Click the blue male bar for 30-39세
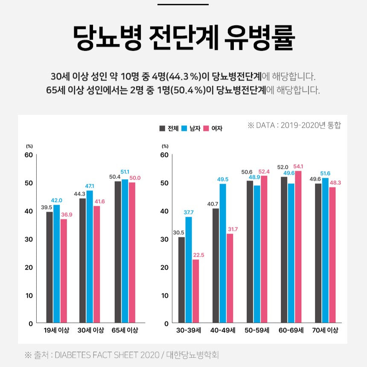(x=189, y=270)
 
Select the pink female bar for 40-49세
(x=230, y=278)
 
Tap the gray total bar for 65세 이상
(x=118, y=252)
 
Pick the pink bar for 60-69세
(x=298, y=247)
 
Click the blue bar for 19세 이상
(x=57, y=264)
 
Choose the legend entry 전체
(x=169, y=128)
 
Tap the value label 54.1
(x=298, y=166)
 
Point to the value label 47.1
(x=90, y=186)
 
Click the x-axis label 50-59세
(x=256, y=330)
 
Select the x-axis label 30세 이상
(x=91, y=330)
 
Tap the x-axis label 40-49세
(x=222, y=330)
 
